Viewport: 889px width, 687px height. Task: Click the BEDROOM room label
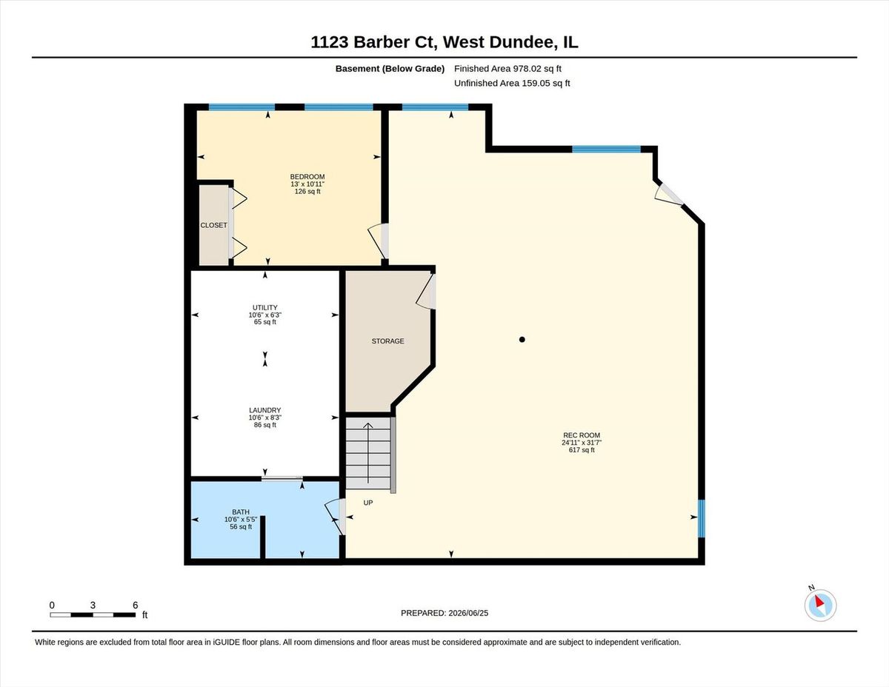(307, 176)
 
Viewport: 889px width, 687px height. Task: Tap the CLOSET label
(213, 225)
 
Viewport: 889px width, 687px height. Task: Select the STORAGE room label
(388, 341)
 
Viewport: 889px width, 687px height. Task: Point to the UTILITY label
(264, 307)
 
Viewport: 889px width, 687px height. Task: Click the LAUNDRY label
(264, 410)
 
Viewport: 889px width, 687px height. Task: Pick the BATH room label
(241, 512)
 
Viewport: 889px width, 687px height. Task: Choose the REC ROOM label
(582, 435)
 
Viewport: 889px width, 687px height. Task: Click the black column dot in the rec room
(522, 339)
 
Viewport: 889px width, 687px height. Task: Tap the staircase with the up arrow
(368, 453)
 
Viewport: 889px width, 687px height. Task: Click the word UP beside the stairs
(367, 503)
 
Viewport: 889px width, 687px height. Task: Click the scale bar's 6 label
(136, 605)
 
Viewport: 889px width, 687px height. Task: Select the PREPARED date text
(444, 613)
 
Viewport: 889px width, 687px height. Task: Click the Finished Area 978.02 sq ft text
(507, 69)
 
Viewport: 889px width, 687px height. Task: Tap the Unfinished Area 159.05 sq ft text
(512, 83)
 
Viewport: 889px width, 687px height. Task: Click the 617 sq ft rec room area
(582, 450)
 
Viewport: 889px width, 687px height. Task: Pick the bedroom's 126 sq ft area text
(307, 191)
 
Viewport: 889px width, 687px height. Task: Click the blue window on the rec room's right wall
(702, 519)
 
